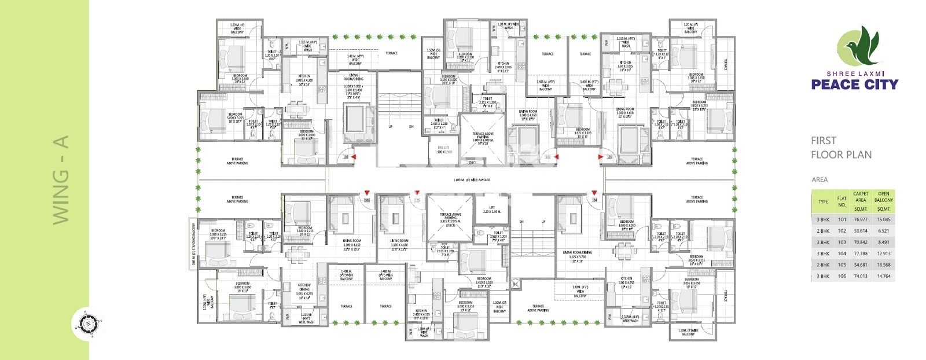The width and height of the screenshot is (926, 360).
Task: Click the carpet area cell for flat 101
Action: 860,219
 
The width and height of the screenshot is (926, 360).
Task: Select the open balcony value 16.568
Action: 883,265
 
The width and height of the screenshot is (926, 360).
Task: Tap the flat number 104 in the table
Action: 842,254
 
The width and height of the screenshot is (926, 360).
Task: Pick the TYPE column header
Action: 823,201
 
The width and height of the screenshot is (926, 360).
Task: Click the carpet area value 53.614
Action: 860,231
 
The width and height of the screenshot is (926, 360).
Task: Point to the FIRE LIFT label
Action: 444,149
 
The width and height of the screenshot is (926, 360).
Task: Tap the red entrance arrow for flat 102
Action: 555,156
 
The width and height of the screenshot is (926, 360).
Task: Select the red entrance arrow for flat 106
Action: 367,193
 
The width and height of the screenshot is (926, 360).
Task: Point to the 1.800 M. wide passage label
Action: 472,180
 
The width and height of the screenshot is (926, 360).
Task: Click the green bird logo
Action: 859,46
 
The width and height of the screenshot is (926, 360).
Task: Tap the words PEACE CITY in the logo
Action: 854,85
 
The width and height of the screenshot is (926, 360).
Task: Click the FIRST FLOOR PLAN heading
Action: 840,148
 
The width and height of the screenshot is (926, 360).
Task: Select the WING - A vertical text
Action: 61,179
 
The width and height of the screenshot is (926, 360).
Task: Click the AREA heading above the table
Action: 819,179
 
